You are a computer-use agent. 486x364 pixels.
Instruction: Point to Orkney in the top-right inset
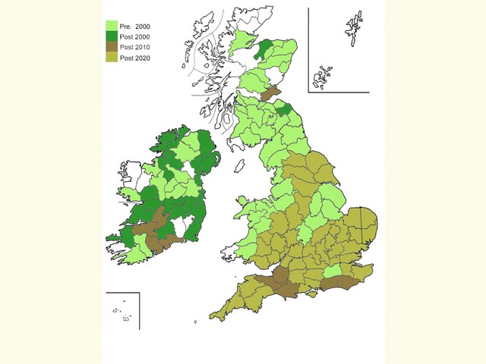click(322, 76)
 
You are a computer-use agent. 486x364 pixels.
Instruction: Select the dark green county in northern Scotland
click(264, 50)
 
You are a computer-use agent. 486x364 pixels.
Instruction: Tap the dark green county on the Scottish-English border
click(283, 110)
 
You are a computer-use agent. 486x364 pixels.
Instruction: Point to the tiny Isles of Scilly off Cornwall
click(195, 322)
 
